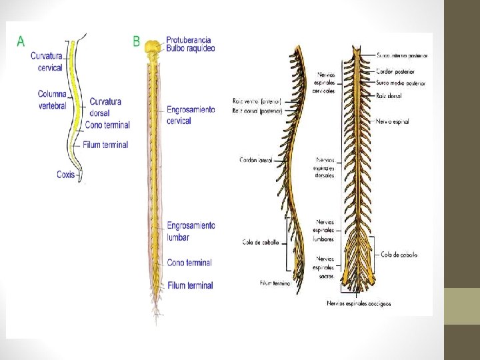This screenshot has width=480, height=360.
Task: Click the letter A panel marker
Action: [x=21, y=41]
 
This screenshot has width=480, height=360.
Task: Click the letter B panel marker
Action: [x=136, y=41]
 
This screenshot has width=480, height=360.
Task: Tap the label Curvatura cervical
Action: [x=46, y=61]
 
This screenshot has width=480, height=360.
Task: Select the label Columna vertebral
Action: [x=52, y=99]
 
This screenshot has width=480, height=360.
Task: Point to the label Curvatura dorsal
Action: [x=105, y=107]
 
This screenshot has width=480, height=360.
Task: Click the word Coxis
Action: [x=65, y=175]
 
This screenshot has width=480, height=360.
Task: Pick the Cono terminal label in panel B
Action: [x=189, y=263]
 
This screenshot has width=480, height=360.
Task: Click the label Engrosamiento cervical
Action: [x=191, y=115]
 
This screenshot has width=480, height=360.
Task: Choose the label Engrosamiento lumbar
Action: [x=191, y=231]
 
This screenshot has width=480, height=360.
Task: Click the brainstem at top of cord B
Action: [x=154, y=49]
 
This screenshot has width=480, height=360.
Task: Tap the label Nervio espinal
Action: [x=392, y=122]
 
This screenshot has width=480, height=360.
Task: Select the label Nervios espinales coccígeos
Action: [x=359, y=303]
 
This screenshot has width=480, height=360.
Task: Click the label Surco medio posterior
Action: [x=401, y=83]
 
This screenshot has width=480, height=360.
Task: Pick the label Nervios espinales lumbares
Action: [x=326, y=230]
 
